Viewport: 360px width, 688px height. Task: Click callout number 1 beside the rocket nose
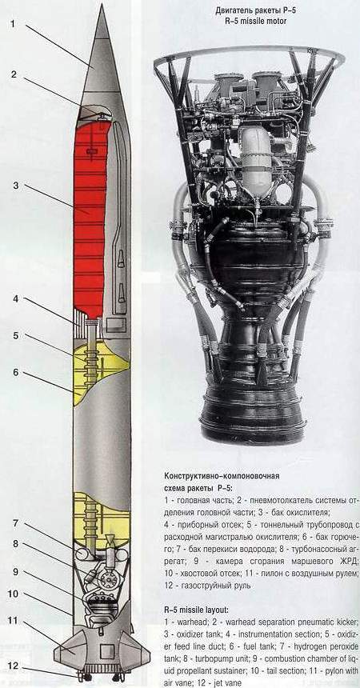click(x=13, y=24)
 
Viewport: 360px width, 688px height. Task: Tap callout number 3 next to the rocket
click(x=15, y=186)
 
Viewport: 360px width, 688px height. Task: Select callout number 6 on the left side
click(x=15, y=373)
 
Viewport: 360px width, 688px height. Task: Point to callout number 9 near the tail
click(x=15, y=572)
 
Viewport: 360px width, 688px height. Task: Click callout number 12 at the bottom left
click(x=13, y=666)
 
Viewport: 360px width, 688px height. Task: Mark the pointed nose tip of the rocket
click(x=102, y=6)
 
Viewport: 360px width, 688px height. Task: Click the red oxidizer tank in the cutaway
click(x=90, y=219)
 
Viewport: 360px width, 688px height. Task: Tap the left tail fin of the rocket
click(x=70, y=650)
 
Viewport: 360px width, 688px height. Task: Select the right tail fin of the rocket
click(x=134, y=650)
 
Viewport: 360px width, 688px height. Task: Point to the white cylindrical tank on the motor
click(x=256, y=162)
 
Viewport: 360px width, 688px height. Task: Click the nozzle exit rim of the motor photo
click(x=253, y=434)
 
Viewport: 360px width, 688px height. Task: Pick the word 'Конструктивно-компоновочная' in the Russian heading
click(x=222, y=476)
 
